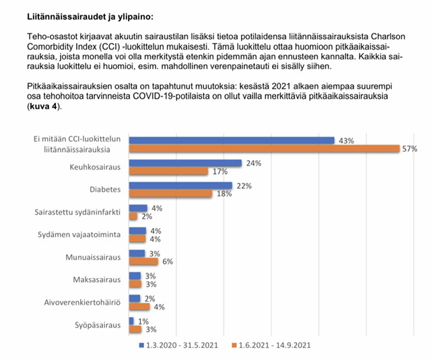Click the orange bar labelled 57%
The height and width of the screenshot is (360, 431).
[x=264, y=149]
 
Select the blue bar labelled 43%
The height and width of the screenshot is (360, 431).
[x=232, y=141]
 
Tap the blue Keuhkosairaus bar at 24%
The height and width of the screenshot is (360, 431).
[x=186, y=163]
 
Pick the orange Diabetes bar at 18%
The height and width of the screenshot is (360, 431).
[x=170, y=194]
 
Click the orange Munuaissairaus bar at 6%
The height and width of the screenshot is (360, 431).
[x=143, y=261]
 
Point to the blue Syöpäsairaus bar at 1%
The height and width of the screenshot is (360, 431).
[x=131, y=321]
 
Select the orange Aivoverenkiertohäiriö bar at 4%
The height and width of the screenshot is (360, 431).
[x=139, y=307]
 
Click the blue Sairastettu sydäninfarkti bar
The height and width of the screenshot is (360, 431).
[x=138, y=208]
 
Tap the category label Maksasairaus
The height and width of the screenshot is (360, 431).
[x=97, y=279]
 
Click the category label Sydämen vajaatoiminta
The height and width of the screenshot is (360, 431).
[x=79, y=235]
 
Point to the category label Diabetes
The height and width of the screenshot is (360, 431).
[x=105, y=190]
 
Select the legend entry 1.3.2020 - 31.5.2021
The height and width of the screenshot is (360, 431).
[x=178, y=345]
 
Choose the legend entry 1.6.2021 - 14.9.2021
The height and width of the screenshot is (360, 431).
[x=271, y=345]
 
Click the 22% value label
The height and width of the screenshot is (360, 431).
[x=244, y=186]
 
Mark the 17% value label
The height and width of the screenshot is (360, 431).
[x=220, y=172]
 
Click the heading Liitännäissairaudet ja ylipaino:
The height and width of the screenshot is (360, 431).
[x=90, y=17]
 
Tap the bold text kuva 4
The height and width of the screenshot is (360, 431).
[x=44, y=106]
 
